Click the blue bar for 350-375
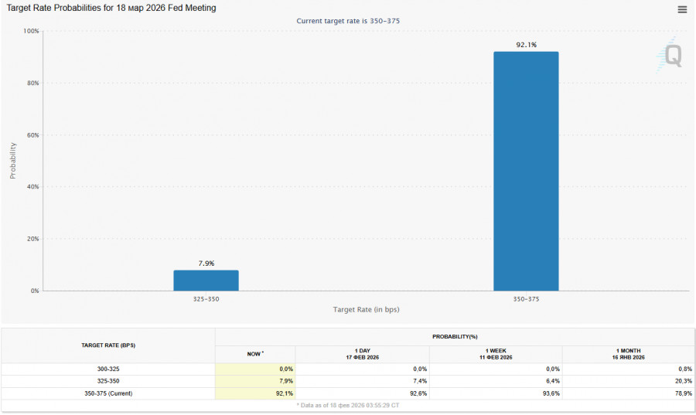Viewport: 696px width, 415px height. [526, 171]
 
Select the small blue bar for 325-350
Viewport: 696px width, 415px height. [206, 280]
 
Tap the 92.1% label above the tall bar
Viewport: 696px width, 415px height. [526, 45]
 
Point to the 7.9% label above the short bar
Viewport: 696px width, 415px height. [206, 264]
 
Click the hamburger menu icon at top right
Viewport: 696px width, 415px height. [682, 10]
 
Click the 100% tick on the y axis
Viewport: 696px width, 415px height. [32, 32]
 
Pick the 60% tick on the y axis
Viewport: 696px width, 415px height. [33, 135]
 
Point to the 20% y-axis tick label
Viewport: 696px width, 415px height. [33, 239]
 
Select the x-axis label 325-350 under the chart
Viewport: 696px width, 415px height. [206, 298]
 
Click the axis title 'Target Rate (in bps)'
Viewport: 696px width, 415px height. [366, 309]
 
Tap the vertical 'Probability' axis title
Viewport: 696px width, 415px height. [13, 161]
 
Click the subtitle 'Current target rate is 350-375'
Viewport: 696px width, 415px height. [348, 21]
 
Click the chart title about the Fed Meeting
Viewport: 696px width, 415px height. [111, 8]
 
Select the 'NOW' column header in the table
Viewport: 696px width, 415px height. [254, 353]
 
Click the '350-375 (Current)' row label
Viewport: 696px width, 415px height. [108, 393]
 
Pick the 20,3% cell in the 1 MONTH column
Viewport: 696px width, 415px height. [681, 381]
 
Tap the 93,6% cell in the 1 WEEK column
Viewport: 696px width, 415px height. [549, 393]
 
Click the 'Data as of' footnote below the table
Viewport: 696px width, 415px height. [347, 405]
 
